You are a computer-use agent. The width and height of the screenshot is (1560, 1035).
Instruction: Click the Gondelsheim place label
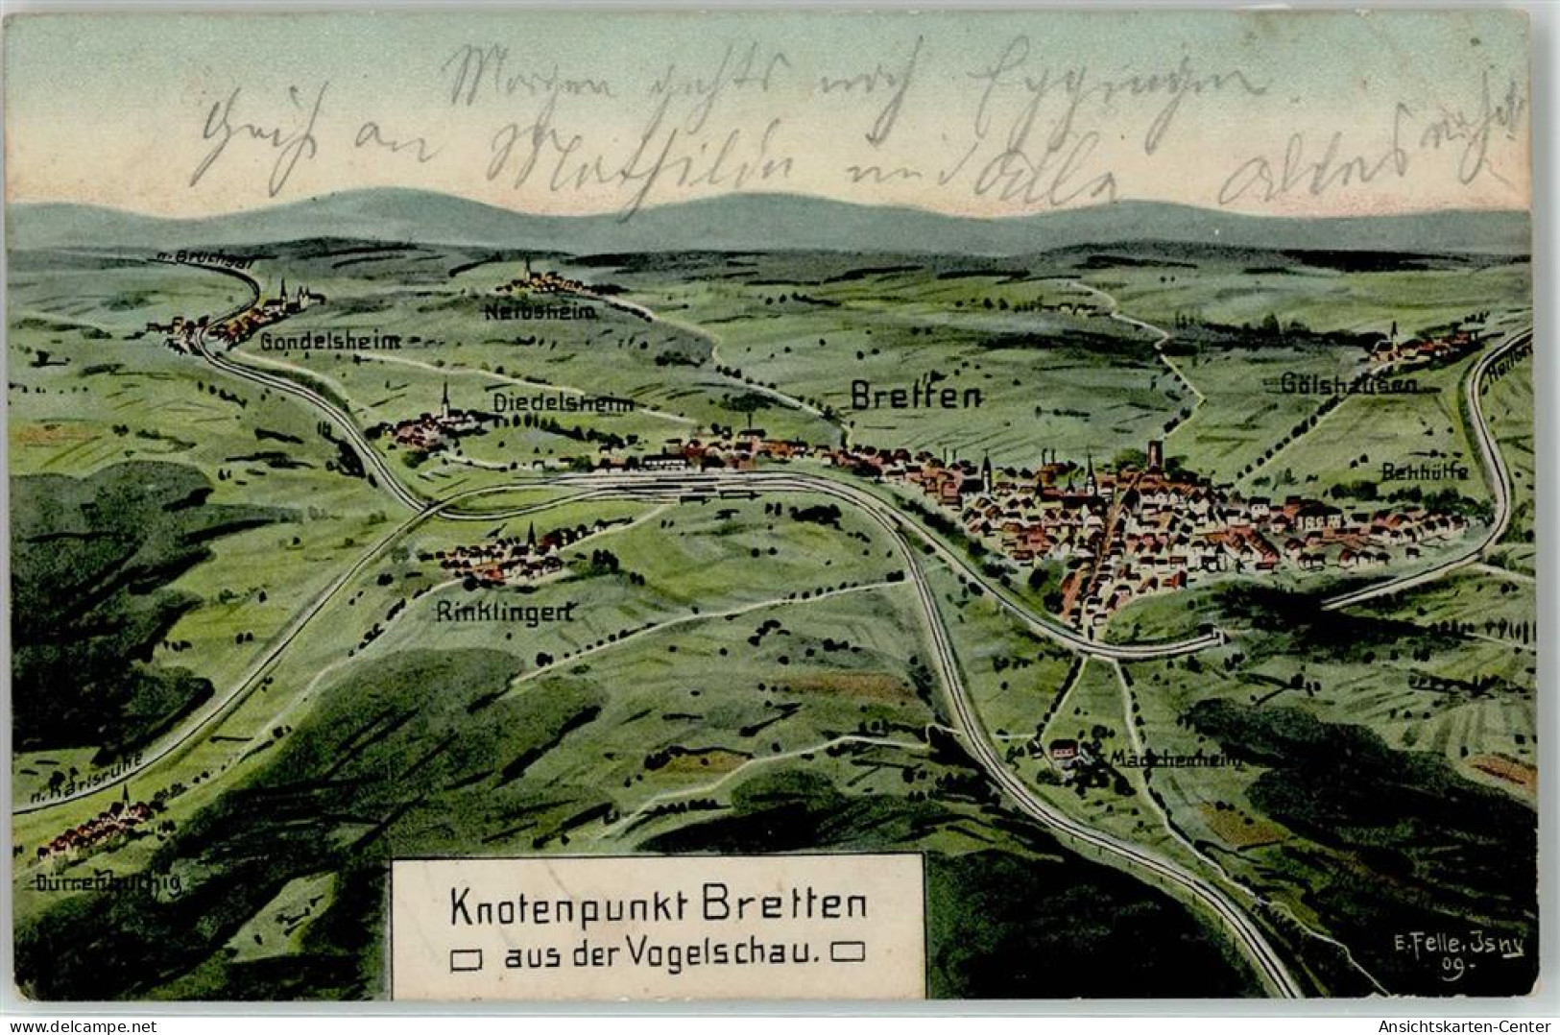[328, 341]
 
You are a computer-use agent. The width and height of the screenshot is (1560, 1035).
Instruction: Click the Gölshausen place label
[1348, 385]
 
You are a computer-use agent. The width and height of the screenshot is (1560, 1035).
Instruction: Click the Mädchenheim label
[1175, 759]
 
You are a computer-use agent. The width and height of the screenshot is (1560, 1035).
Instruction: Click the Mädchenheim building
[1063, 749]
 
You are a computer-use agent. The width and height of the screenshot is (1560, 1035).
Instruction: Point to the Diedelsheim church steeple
[445, 396]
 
